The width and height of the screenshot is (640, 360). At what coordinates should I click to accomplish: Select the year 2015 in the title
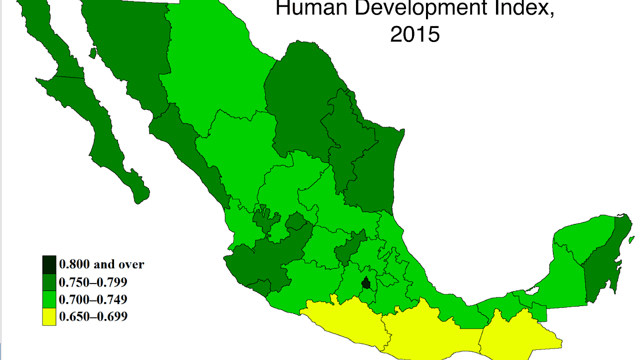click(415, 34)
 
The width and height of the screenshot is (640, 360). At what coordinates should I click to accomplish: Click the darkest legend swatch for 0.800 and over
click(49, 264)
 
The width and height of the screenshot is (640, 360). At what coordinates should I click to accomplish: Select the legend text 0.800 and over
click(102, 264)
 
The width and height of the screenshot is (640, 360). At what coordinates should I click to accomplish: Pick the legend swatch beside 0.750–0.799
click(49, 282)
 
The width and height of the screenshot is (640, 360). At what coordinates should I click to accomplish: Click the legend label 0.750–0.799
click(93, 282)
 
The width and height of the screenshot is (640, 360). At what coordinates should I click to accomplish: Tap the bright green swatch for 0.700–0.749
click(49, 299)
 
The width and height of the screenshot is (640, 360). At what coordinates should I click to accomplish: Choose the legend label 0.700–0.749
click(93, 300)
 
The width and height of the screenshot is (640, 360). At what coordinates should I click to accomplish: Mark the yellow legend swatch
click(49, 316)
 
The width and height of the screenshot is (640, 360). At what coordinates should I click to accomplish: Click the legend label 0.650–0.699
click(93, 316)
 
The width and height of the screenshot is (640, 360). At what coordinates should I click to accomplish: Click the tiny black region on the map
click(366, 283)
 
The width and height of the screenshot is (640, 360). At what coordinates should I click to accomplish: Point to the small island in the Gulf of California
click(93, 53)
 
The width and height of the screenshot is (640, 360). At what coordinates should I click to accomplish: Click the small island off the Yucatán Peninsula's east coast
click(631, 240)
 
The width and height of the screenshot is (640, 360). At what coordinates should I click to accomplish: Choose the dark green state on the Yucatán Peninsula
click(604, 264)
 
